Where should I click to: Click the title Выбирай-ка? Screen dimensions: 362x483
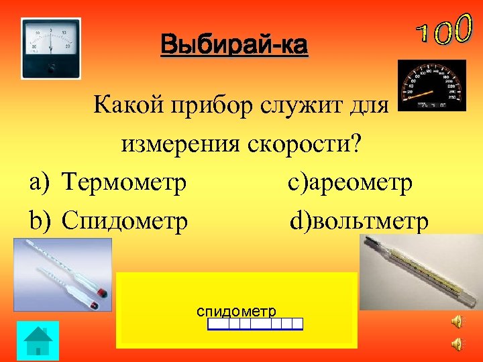234,46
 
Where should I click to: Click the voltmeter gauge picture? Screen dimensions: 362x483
50,48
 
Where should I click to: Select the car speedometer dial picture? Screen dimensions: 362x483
431,85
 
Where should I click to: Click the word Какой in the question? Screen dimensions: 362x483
127,105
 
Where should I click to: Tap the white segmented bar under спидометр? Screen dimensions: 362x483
255,324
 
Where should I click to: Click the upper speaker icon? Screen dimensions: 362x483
456,322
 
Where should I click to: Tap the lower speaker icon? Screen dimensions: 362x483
456,344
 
